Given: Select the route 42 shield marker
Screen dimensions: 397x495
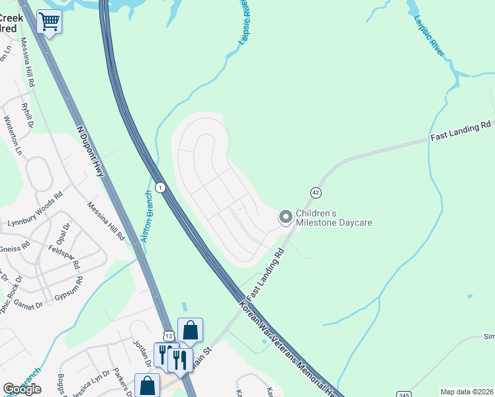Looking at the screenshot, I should coord(316,192).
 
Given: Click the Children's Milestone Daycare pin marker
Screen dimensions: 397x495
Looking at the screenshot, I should coord(286,217).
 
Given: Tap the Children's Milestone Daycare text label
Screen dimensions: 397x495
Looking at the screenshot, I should coord(334,218).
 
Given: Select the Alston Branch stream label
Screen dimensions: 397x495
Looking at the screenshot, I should coord(147,216).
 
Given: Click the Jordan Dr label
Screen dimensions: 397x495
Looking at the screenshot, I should coord(141,351).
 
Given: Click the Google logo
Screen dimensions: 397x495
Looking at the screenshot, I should coord(22,389).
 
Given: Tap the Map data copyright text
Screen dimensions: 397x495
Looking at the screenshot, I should coord(467,392).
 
